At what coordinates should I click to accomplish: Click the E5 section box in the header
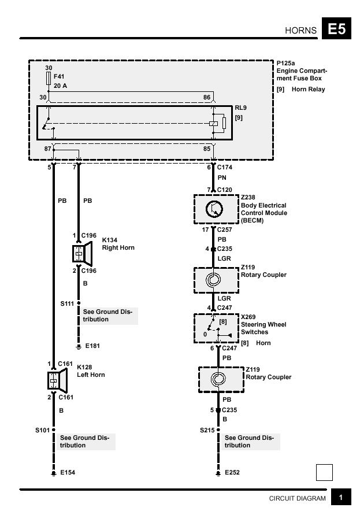point(336,28)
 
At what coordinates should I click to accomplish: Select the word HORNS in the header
point(300,31)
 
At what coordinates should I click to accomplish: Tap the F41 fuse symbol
point(49,79)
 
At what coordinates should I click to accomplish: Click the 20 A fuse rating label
point(61,86)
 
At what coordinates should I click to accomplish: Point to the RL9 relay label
point(241,108)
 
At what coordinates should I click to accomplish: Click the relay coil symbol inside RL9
point(213,124)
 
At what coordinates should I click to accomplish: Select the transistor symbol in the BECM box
point(214,209)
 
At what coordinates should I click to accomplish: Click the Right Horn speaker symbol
point(83,254)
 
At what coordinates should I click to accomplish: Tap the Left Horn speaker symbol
point(57,380)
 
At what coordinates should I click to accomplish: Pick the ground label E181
point(92,346)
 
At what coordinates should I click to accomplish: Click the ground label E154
point(68,472)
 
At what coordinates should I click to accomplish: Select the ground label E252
point(232,472)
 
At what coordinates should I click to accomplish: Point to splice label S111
point(67,303)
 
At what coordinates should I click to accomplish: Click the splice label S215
point(207,430)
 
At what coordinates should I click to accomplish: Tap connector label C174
point(225,167)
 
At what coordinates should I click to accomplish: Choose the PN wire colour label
point(222,177)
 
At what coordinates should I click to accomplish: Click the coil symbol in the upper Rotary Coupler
point(213,280)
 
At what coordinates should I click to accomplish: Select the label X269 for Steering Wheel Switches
point(248,317)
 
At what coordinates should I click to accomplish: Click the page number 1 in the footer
point(341,498)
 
